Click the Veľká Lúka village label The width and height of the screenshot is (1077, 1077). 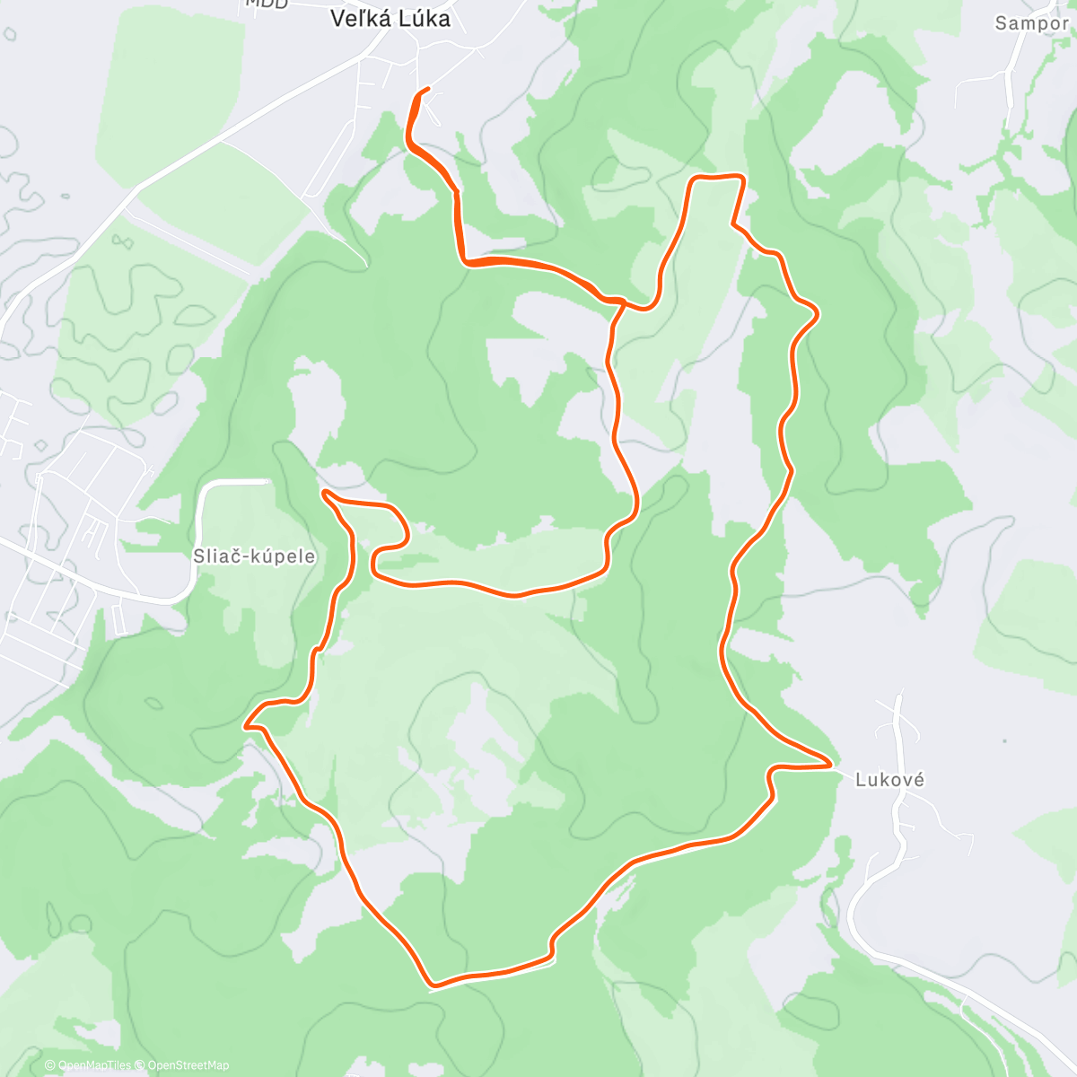click(x=390, y=18)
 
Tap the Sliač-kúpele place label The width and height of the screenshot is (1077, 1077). click(x=255, y=556)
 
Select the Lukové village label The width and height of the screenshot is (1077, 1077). click(x=889, y=780)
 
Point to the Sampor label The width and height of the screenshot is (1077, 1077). click(x=1031, y=23)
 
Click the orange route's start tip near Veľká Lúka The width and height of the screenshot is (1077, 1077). click(x=427, y=88)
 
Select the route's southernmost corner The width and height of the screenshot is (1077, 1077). click(x=432, y=985)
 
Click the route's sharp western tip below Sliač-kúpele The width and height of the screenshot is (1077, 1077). click(x=246, y=722)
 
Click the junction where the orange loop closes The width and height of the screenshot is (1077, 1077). click(x=623, y=303)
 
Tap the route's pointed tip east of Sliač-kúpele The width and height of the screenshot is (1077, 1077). click(x=323, y=492)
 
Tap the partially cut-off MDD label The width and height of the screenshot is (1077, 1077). click(x=267, y=4)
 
